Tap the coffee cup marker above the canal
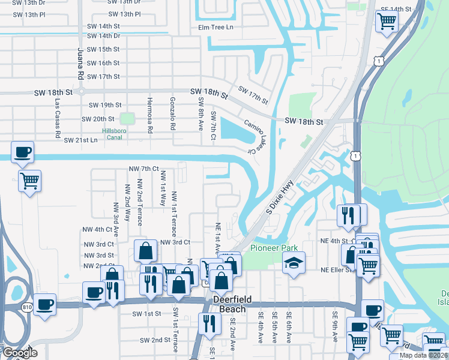[22, 152]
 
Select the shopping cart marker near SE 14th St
[387, 21]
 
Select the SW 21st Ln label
[80, 140]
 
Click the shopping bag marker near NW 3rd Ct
[146, 251]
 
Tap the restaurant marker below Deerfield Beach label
[209, 323]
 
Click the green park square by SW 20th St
[127, 119]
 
